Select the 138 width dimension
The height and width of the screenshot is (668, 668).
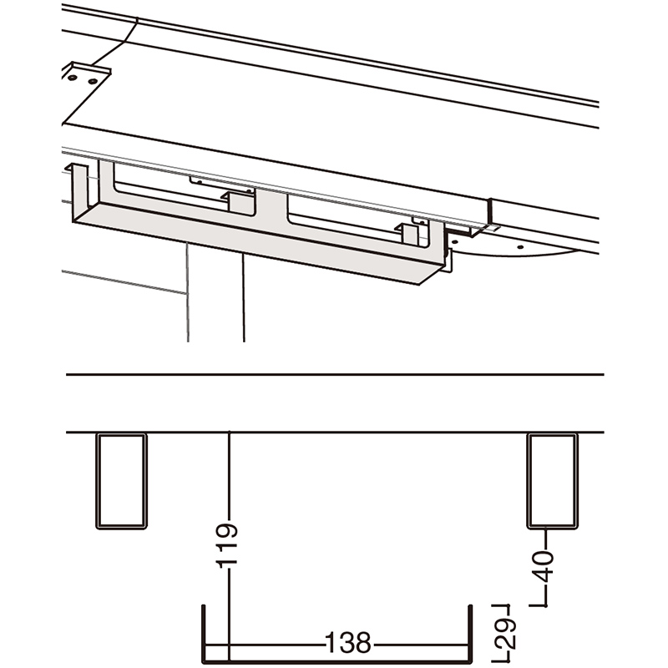(x=348, y=642)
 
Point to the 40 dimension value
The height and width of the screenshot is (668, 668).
(x=544, y=567)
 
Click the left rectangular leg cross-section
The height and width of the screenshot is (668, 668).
(x=121, y=481)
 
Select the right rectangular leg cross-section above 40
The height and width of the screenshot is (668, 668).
(x=552, y=481)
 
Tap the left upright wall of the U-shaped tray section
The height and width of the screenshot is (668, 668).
(x=203, y=635)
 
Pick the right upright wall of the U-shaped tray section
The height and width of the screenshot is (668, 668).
(x=470, y=635)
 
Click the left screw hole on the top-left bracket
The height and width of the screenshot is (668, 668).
(x=73, y=78)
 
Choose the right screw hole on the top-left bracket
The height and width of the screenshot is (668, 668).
(x=93, y=80)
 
